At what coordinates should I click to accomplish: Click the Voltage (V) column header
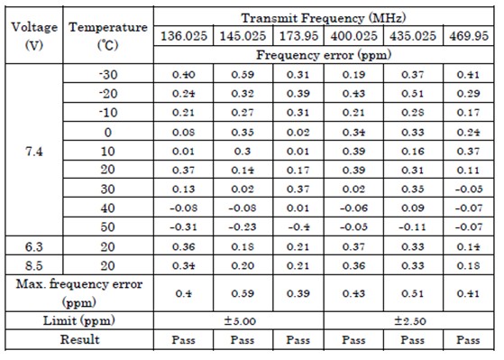pyautogui.click(x=34, y=36)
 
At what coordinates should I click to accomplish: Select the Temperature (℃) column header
pyautogui.click(x=108, y=36)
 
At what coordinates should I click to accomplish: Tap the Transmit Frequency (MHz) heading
pyautogui.click(x=324, y=18)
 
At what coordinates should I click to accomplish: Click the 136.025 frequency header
pyautogui.click(x=184, y=36)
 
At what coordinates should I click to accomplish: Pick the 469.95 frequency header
pyautogui.click(x=469, y=36)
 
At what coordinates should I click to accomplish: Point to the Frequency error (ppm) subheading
pyautogui.click(x=324, y=55)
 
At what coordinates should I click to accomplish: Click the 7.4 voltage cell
pyautogui.click(x=34, y=152)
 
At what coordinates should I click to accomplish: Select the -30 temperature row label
pyautogui.click(x=108, y=75)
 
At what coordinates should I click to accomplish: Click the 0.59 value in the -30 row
pyautogui.click(x=243, y=75)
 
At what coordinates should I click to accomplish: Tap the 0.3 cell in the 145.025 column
pyautogui.click(x=243, y=152)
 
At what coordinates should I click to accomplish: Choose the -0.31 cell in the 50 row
pyautogui.click(x=184, y=227)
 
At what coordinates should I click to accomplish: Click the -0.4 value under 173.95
pyautogui.click(x=298, y=227)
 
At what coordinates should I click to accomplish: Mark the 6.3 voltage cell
pyautogui.click(x=34, y=246)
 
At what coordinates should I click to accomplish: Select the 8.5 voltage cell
pyautogui.click(x=34, y=266)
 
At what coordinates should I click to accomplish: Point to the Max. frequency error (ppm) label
pyautogui.click(x=79, y=293)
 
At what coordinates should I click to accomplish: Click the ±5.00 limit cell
pyautogui.click(x=240, y=320)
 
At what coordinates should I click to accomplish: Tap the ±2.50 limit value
pyautogui.click(x=410, y=320)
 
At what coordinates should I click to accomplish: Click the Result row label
pyautogui.click(x=79, y=340)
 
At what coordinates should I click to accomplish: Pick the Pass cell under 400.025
pyautogui.click(x=353, y=340)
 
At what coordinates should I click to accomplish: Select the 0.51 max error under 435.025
pyautogui.click(x=413, y=293)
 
